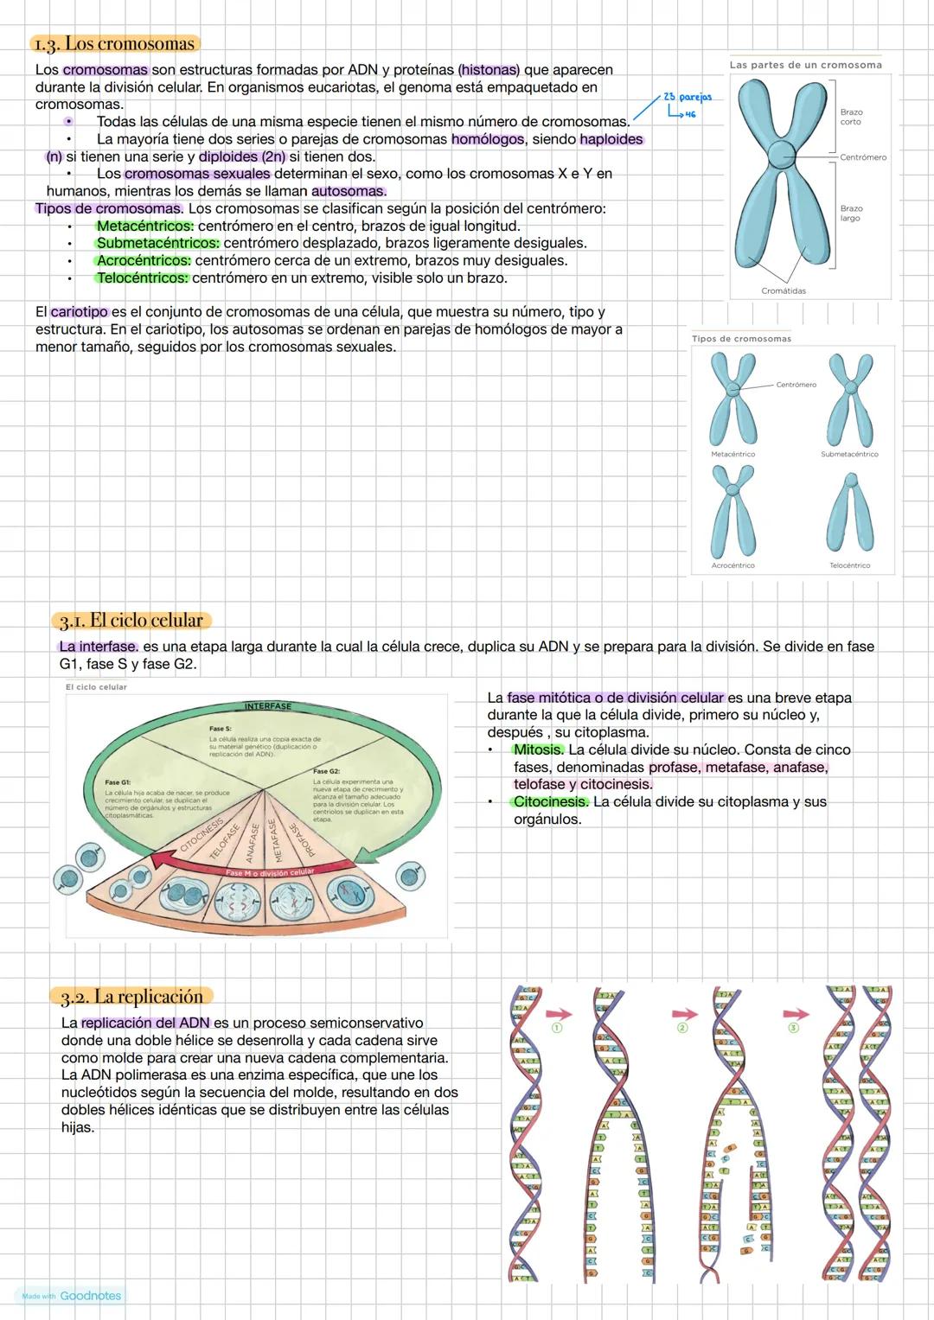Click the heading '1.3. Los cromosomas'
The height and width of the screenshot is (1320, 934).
tap(113, 43)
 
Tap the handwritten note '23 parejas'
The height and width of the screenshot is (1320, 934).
tap(687, 97)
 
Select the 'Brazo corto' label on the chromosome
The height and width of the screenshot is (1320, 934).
tap(851, 117)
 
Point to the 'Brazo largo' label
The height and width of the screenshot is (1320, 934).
tap(851, 213)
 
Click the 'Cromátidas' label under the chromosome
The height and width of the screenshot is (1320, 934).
tap(784, 291)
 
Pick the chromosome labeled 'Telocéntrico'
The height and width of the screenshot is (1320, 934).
tap(849, 513)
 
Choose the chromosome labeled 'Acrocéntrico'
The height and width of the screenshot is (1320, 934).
tap(732, 510)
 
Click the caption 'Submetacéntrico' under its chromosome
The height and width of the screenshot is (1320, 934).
tap(849, 454)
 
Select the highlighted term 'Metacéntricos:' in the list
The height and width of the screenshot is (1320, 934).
tap(145, 226)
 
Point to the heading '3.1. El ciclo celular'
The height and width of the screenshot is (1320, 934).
tap(131, 620)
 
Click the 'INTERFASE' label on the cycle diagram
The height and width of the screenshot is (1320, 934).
tap(268, 706)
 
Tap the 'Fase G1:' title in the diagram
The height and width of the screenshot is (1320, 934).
tap(118, 782)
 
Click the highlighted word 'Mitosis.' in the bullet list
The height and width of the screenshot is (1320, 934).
tap(539, 749)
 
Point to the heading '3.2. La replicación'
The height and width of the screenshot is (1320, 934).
tap(131, 997)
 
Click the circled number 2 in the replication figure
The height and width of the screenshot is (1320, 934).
tap(682, 1029)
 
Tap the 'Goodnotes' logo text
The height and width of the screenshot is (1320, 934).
tap(91, 1296)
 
